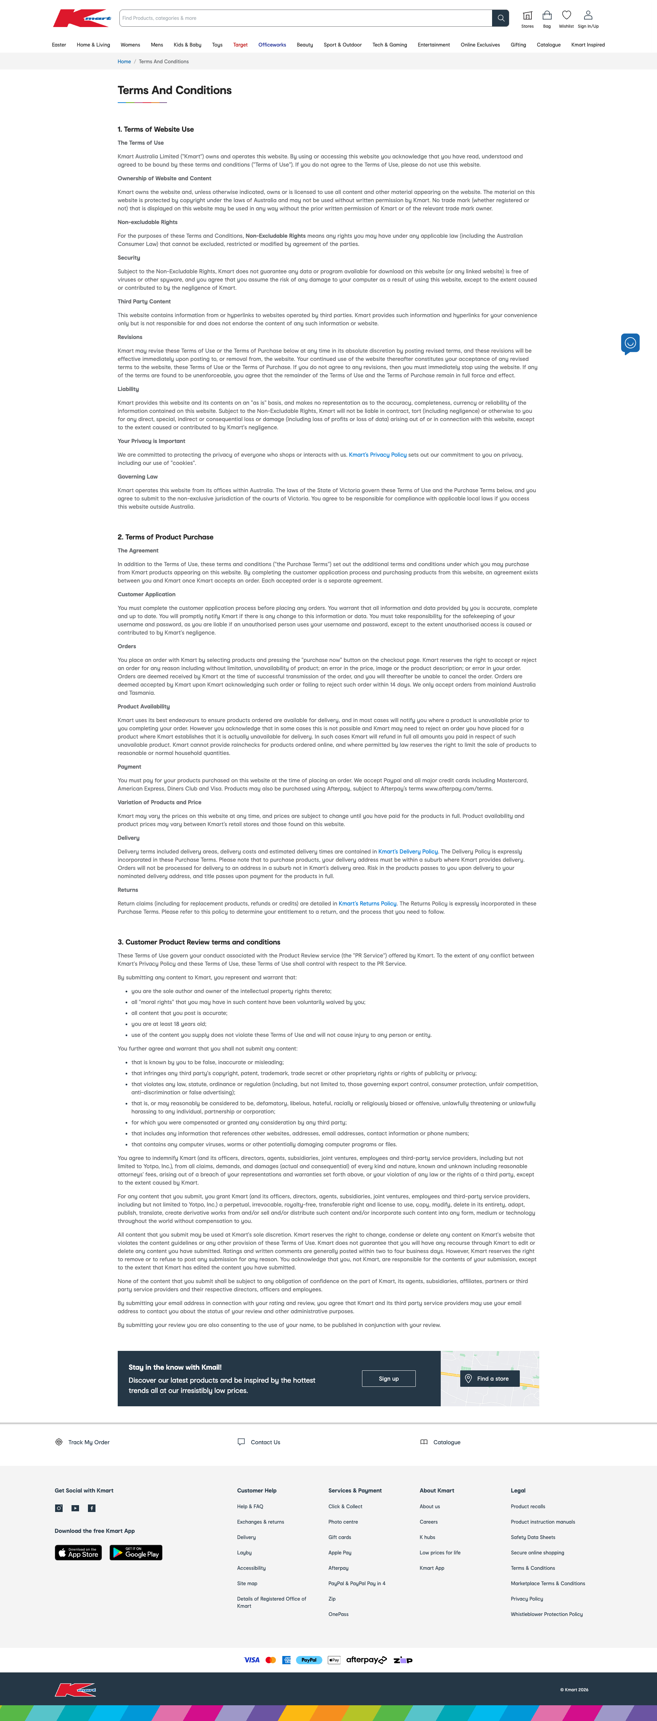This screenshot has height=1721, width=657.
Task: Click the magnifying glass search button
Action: click(x=500, y=18)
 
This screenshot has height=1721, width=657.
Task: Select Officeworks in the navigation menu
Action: click(x=272, y=45)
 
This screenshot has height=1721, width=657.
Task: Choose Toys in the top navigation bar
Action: click(x=217, y=45)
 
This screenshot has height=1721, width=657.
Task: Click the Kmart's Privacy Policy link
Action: click(x=378, y=455)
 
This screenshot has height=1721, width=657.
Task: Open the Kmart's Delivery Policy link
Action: click(x=408, y=852)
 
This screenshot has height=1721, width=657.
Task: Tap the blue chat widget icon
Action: click(x=630, y=343)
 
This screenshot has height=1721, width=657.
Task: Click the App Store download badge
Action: click(x=78, y=1553)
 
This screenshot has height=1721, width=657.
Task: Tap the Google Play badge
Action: click(x=136, y=1553)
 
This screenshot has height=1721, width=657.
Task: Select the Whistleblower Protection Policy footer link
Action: click(x=547, y=1614)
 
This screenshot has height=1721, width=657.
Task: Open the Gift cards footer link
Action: click(x=339, y=1537)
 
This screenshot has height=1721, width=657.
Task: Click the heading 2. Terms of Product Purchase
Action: click(x=166, y=537)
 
